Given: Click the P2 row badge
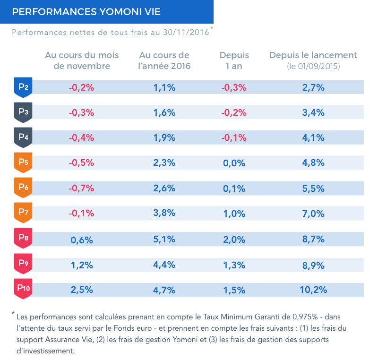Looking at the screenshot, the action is [x=23, y=87].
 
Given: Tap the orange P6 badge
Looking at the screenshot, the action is [x=23, y=188].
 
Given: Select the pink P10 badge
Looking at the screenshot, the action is [x=23, y=289].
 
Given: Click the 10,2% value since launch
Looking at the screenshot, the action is [x=313, y=290].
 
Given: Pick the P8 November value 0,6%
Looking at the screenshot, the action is [x=82, y=240].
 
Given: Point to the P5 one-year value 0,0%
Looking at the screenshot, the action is [x=234, y=163].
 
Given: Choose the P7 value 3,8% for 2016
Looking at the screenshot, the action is [x=164, y=213].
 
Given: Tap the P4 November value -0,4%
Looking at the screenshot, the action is [x=81, y=137].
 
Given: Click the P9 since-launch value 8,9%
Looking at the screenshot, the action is [x=313, y=266].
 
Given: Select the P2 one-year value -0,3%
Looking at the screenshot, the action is [x=234, y=87].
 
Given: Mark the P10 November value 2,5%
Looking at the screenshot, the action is [x=82, y=290].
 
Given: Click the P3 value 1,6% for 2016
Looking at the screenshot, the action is [x=164, y=112].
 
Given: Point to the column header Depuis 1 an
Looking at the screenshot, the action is [x=234, y=60].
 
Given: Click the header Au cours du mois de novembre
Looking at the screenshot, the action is [x=82, y=60].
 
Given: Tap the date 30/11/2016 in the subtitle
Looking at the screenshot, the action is [x=186, y=32].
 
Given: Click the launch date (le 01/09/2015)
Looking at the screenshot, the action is [x=313, y=66].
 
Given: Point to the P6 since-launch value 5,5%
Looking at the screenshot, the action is [x=313, y=189].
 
